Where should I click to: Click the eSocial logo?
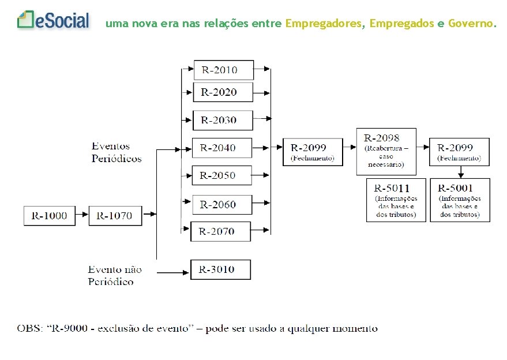[x=54, y=21]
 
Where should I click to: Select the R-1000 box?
[x=50, y=215]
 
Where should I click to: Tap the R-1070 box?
[x=115, y=215]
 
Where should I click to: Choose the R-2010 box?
[x=223, y=70]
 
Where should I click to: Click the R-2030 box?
[x=222, y=120]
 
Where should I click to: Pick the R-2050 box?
[x=221, y=175]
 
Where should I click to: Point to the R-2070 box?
[x=220, y=231]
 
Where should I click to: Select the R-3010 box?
[x=220, y=269]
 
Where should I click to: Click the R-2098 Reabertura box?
[x=386, y=151]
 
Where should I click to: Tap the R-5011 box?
[x=396, y=200]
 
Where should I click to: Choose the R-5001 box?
[x=460, y=200]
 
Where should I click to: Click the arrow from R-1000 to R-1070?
[x=81, y=215]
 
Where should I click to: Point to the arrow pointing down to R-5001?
[x=460, y=172]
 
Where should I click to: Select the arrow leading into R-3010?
[x=173, y=271]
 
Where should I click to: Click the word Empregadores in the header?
[x=325, y=24]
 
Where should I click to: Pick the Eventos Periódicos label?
[x=115, y=152]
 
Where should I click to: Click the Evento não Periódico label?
[x=114, y=275]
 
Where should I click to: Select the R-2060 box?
[x=221, y=204]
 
